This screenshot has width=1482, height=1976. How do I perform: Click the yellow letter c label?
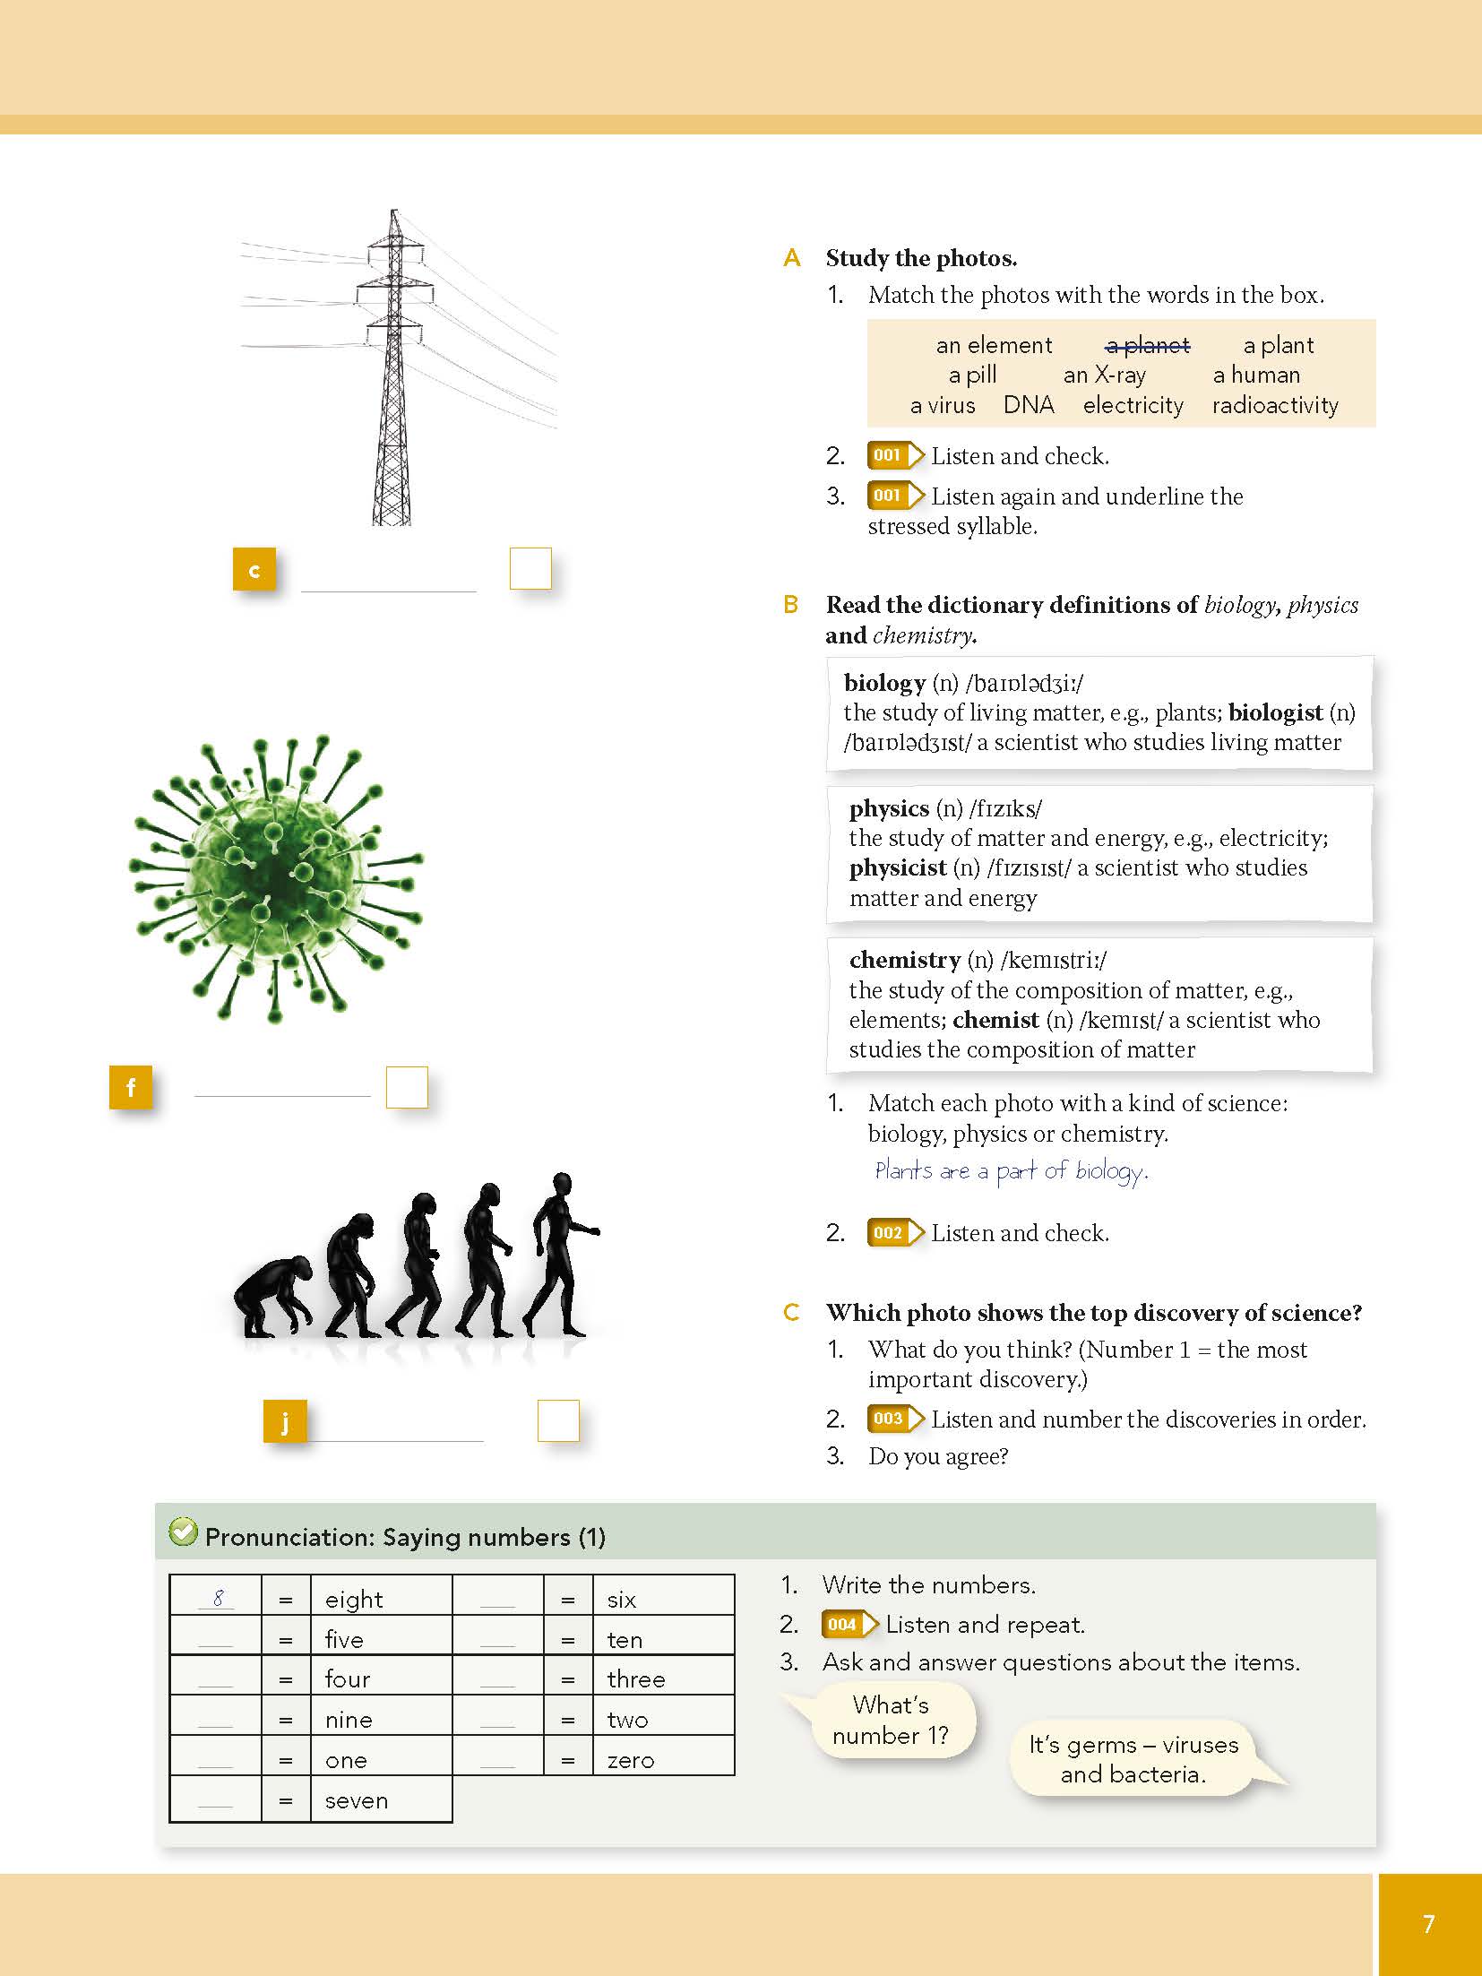(254, 570)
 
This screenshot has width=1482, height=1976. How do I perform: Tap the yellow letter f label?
(131, 1088)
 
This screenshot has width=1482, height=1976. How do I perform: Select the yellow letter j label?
(285, 1421)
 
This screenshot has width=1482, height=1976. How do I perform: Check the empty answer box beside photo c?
(530, 569)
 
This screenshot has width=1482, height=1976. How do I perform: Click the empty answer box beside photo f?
(407, 1087)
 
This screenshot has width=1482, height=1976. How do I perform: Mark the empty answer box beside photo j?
(558, 1420)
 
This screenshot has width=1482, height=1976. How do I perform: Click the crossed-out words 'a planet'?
(1148, 346)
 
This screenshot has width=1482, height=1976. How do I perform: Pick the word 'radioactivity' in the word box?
(1275, 406)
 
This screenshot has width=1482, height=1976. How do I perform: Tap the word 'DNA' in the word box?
(1029, 406)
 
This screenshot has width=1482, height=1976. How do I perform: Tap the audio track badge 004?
(843, 1625)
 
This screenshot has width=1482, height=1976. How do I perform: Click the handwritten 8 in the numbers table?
(218, 1598)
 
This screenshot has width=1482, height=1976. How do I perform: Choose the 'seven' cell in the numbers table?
(357, 1800)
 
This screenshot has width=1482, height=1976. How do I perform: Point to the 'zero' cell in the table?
(631, 1760)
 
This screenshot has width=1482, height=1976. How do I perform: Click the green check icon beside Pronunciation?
(183, 1532)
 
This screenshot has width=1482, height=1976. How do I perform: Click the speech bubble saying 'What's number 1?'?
(890, 1720)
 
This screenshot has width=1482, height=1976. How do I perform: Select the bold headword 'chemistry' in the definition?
(905, 960)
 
